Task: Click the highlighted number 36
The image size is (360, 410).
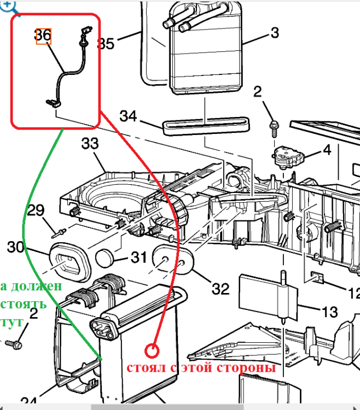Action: [x=43, y=36]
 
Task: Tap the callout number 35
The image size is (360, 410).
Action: [x=106, y=43]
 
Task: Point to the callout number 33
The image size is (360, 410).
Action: [x=90, y=144]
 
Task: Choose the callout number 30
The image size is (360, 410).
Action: [x=16, y=247]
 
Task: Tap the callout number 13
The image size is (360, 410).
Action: [x=330, y=312]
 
